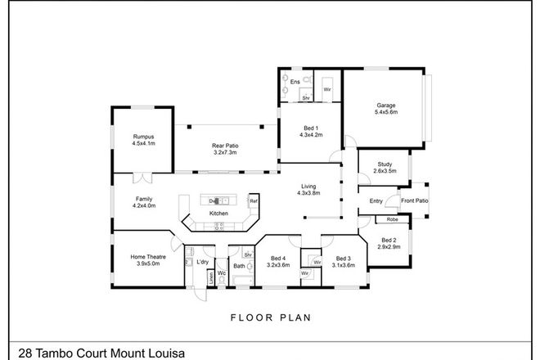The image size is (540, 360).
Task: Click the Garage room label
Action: (386, 105)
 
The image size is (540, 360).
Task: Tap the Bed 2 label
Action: (389, 241)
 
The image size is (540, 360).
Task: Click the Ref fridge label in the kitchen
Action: (254, 201)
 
